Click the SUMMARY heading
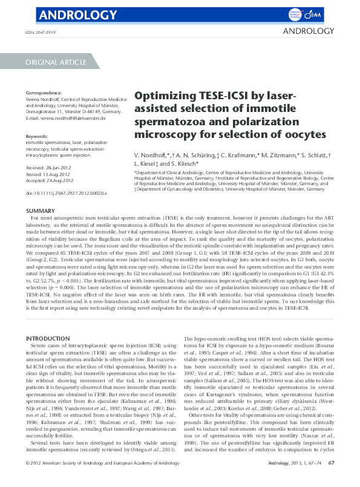point(41,211)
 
